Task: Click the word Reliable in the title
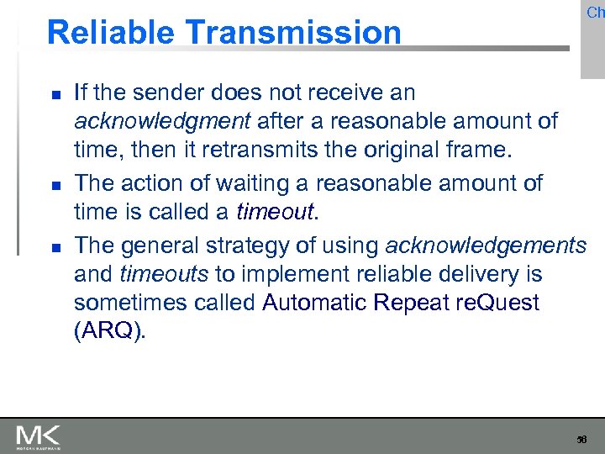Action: (113, 33)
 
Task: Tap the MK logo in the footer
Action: (38, 436)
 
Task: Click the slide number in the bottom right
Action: (581, 439)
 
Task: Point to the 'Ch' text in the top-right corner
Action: (595, 12)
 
